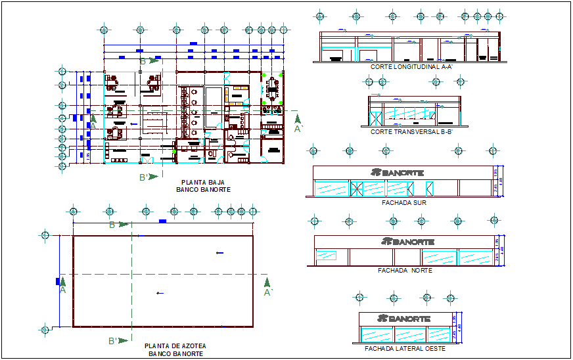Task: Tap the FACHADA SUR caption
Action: (x=403, y=203)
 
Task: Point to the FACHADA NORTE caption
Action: (x=405, y=271)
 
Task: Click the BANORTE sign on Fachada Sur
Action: (x=397, y=173)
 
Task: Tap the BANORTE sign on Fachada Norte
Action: (x=407, y=242)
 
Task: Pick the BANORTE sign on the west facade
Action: (x=403, y=319)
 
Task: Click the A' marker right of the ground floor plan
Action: (x=298, y=128)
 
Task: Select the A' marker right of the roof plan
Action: (x=267, y=292)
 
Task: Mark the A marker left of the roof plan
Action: (x=62, y=288)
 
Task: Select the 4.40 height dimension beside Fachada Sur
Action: (x=502, y=181)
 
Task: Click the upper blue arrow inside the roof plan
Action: (x=219, y=252)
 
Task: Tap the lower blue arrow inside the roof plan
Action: (x=158, y=293)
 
